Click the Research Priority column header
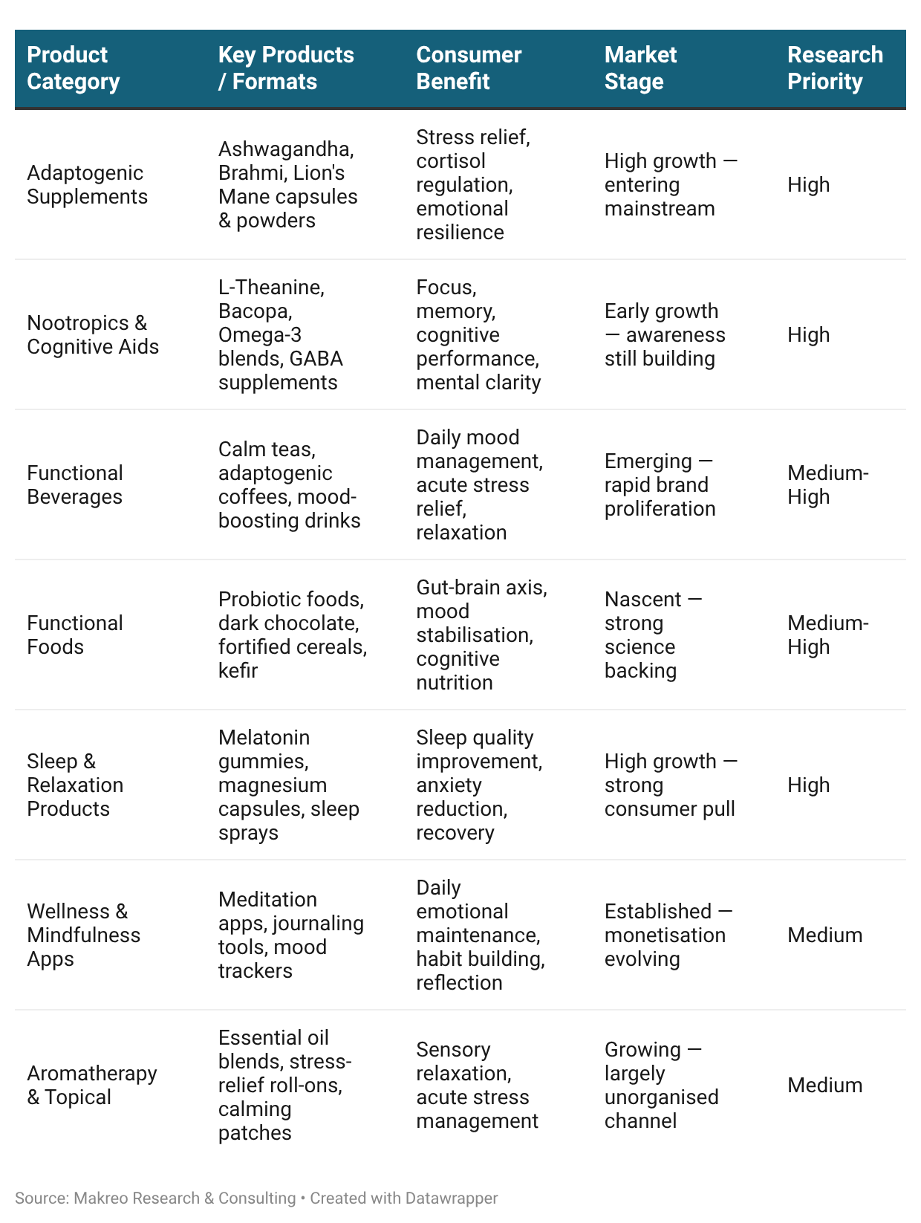pos(835,68)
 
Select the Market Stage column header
pos(640,68)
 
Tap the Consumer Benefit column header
pos(469,68)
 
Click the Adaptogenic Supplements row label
pos(87,184)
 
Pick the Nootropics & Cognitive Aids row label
pos(93,334)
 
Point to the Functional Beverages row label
pos(75,484)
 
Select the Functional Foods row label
pos(75,635)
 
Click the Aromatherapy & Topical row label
pos(92,1085)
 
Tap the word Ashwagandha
pos(286,149)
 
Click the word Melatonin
pos(264,737)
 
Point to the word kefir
pos(238,670)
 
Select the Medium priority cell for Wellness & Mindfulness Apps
pos(824,935)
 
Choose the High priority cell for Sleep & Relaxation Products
pos(808,785)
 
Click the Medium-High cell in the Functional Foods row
pos(827,635)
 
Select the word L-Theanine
pos(271,287)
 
